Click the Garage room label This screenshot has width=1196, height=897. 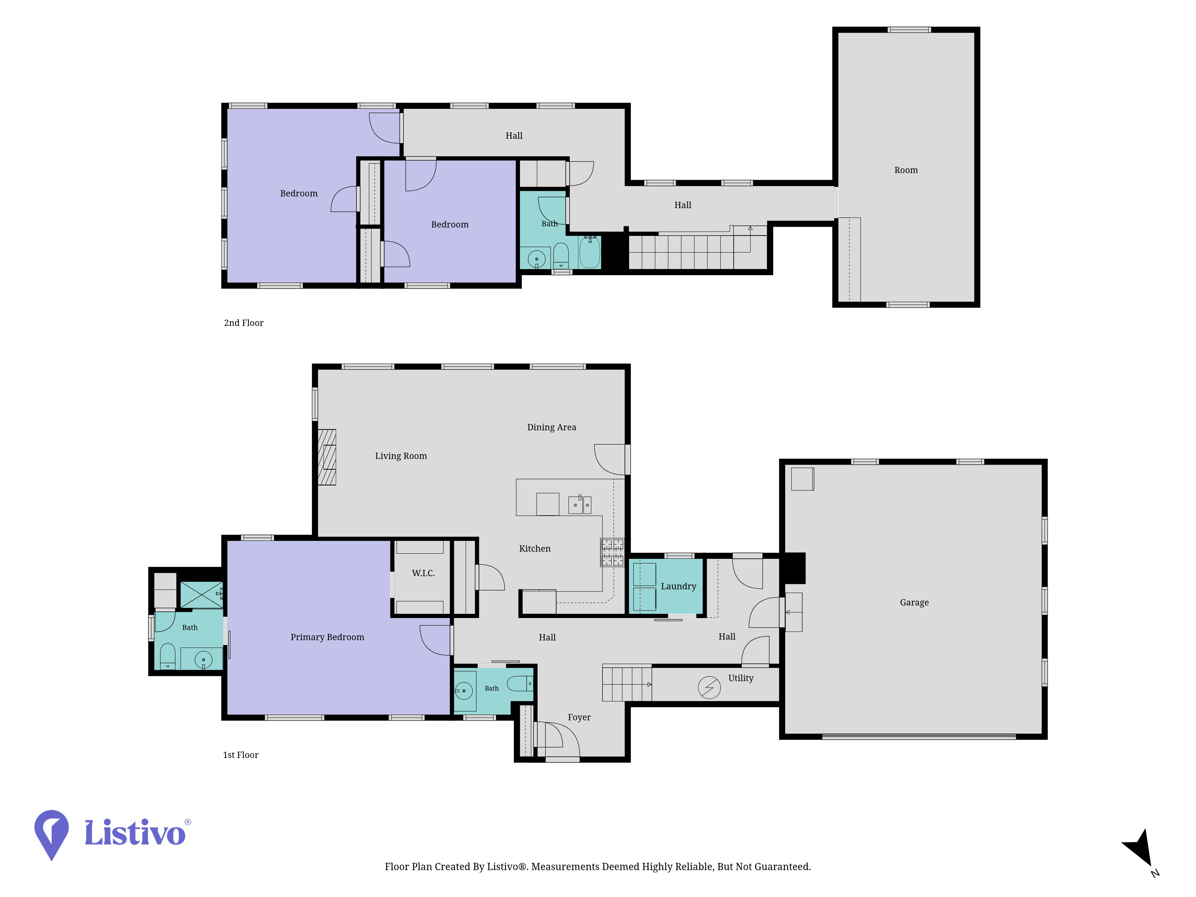[x=914, y=602]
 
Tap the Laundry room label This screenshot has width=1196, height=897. [x=678, y=586]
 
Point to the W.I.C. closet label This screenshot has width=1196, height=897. [x=423, y=573]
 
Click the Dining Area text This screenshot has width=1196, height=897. [x=551, y=427]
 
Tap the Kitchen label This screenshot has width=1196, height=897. [x=535, y=549]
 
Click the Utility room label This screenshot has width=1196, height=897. [x=741, y=678]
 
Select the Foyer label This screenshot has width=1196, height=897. [x=579, y=718]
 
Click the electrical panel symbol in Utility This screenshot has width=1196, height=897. [x=710, y=688]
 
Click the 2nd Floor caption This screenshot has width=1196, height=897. [x=244, y=323]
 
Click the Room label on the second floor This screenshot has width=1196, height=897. [x=906, y=170]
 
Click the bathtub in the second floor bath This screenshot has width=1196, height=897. [x=590, y=252]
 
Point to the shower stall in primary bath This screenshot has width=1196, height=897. [x=201, y=595]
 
